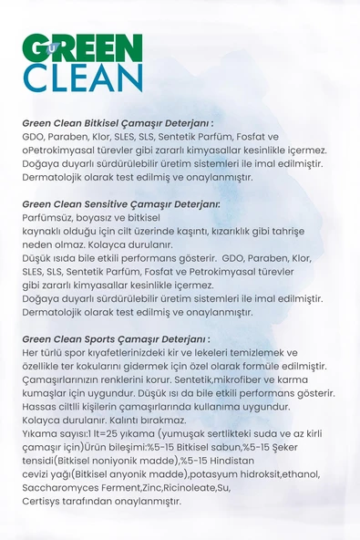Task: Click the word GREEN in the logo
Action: coord(83,48)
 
